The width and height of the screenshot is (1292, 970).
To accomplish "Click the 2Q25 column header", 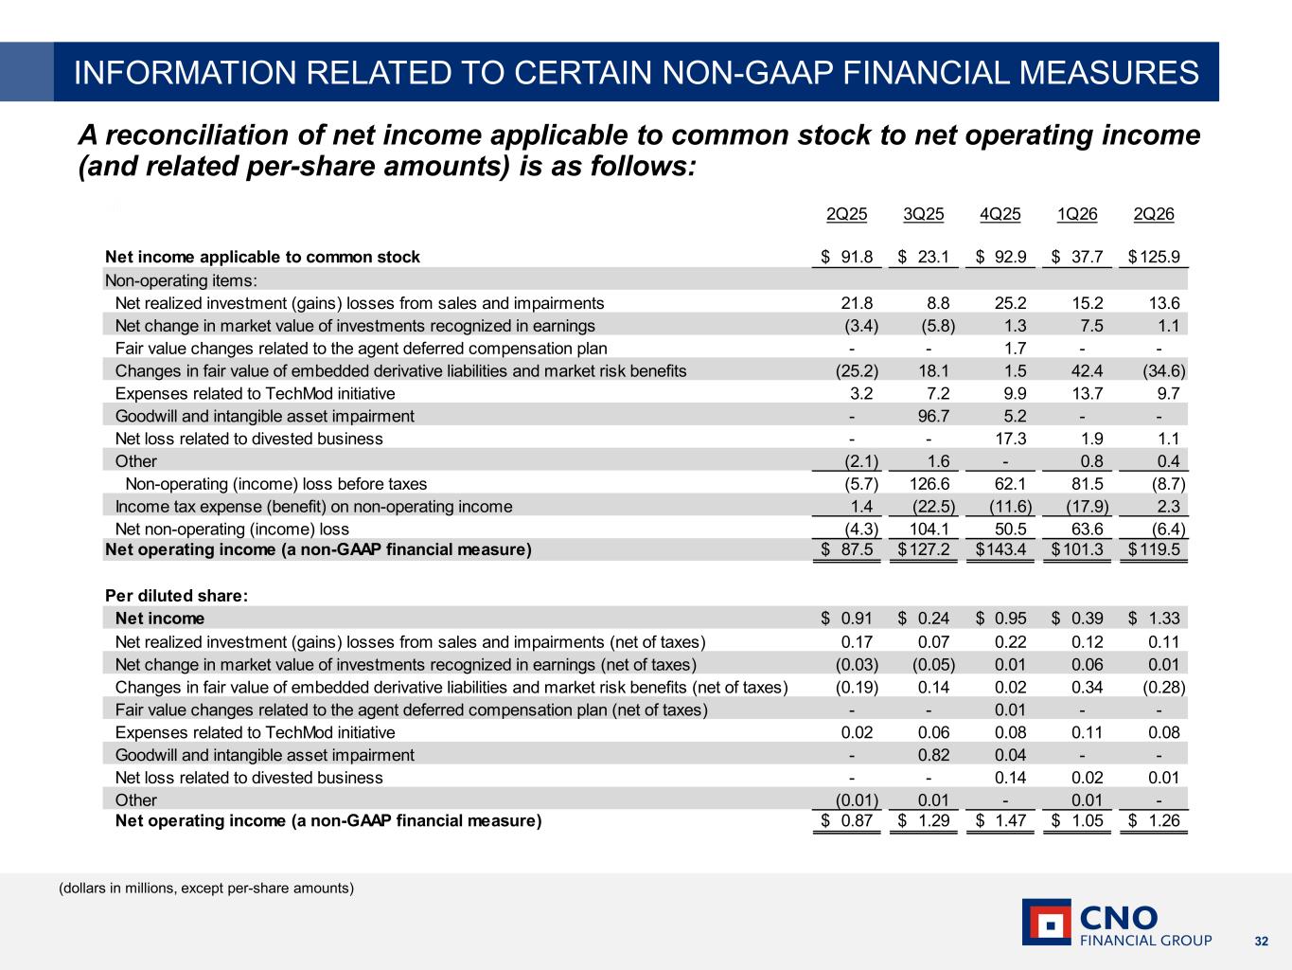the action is click(846, 214).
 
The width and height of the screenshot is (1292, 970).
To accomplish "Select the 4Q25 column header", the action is click(1000, 214).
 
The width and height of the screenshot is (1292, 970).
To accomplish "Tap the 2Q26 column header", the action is click(1154, 214).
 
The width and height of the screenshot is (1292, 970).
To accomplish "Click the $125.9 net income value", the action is click(1154, 257).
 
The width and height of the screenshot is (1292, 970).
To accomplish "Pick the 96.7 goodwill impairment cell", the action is click(933, 417).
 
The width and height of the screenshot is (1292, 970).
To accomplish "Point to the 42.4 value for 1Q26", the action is click(1088, 371).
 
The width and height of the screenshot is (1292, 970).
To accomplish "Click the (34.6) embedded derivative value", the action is click(1163, 371).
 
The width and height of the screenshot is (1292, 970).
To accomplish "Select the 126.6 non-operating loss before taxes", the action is click(929, 484).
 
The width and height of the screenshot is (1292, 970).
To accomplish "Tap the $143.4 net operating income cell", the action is click(1000, 549).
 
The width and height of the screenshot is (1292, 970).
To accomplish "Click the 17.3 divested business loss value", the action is click(1010, 439).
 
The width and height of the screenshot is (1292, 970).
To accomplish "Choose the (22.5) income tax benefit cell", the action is click(933, 507).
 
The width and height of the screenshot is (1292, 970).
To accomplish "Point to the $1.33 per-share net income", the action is click(1154, 619).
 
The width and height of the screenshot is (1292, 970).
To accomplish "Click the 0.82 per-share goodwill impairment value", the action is click(933, 755).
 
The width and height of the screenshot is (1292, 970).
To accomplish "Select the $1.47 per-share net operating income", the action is click(1000, 820).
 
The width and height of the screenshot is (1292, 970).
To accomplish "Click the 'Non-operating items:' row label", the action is click(182, 280).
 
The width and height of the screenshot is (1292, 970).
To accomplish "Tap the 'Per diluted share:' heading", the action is click(177, 596).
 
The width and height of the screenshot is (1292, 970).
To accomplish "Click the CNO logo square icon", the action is click(1046, 923).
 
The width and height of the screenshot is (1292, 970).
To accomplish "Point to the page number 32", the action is click(1262, 942).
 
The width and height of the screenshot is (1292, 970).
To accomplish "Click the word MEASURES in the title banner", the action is click(1109, 72).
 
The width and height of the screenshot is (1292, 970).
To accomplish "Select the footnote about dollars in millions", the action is click(206, 888).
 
